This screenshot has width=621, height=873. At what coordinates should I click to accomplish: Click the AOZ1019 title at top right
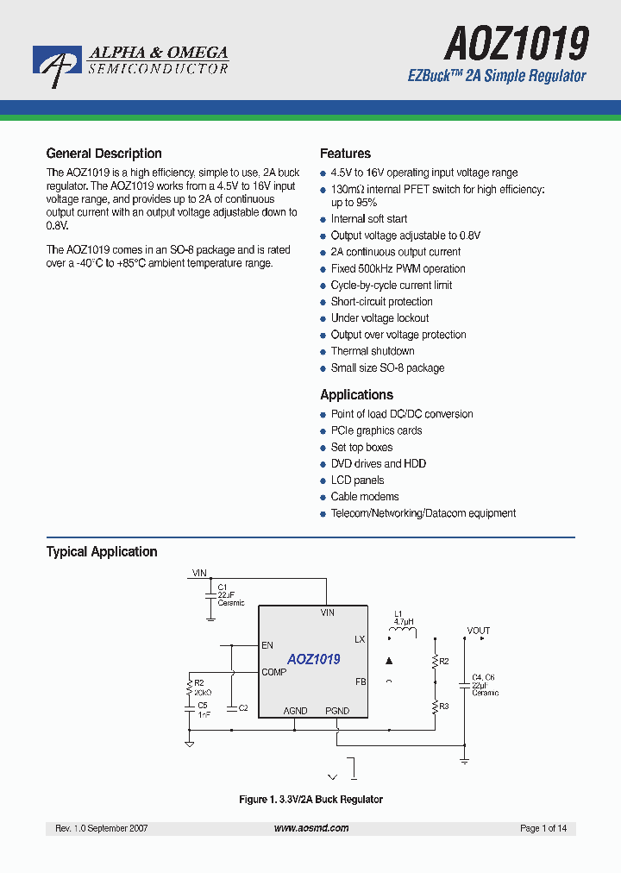(x=517, y=41)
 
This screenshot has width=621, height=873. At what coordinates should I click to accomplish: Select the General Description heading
(x=103, y=154)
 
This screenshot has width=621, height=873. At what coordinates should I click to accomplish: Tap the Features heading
(x=345, y=154)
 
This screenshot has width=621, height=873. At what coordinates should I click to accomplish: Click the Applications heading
(x=356, y=395)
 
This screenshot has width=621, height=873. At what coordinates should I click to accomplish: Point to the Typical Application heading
(x=102, y=552)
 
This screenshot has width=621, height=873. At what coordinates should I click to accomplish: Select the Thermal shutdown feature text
(x=373, y=351)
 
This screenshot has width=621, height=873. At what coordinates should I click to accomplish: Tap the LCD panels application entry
(x=357, y=480)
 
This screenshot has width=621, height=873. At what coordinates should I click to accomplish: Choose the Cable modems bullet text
(x=365, y=497)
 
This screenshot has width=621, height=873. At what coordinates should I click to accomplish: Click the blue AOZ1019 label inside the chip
(x=314, y=659)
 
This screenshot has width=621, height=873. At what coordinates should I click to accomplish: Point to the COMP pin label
(x=274, y=672)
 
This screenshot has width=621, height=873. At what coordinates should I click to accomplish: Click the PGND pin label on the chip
(x=337, y=711)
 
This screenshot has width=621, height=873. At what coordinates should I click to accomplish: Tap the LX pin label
(x=360, y=639)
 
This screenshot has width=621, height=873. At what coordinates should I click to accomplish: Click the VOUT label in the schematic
(x=479, y=631)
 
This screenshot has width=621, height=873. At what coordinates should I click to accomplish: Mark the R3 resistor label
(x=444, y=706)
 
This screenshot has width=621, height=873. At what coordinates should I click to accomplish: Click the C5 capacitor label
(x=202, y=706)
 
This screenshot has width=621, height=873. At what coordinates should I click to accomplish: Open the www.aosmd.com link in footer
(x=311, y=828)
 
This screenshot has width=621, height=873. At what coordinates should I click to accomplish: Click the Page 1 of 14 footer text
(x=543, y=828)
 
